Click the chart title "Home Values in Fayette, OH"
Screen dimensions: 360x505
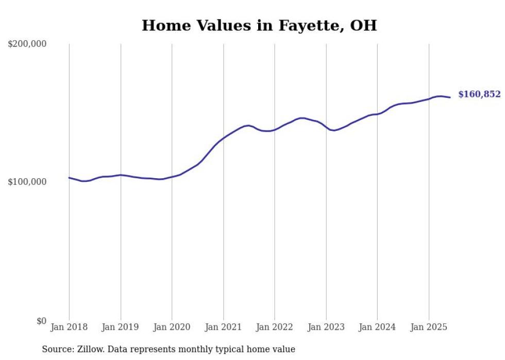pos(259,25)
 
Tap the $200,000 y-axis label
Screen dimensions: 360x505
pos(27,44)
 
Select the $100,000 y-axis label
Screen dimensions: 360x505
pos(27,182)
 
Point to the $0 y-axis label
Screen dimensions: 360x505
pos(41,321)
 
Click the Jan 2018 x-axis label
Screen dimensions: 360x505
pos(69,327)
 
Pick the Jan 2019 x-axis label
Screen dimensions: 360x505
pos(121,327)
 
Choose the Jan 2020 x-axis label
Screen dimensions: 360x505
pos(172,327)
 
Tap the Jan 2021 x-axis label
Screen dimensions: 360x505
pos(223,327)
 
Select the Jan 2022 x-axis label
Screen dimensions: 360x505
pos(275,327)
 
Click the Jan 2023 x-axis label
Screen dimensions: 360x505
pos(326,327)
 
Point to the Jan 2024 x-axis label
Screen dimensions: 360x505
pos(377,327)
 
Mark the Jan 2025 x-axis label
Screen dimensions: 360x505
pos(429,327)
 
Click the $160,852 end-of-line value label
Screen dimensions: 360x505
pos(479,94)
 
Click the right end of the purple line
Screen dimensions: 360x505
pos(450,97)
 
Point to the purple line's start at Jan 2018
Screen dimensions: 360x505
pos(69,178)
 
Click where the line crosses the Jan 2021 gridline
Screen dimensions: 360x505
pos(223,138)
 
